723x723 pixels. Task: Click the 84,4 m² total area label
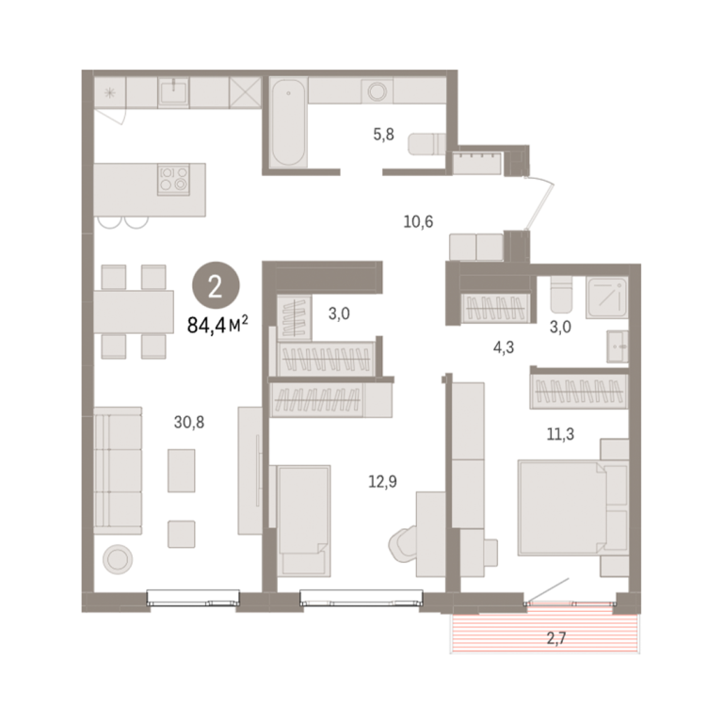217,325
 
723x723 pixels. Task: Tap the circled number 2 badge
216,286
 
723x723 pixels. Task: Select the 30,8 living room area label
189,422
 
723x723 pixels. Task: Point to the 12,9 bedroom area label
383,481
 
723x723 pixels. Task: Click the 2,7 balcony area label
556,638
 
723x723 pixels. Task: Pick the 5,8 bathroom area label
384,135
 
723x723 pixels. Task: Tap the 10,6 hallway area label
418,222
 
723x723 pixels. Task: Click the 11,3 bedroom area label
560,434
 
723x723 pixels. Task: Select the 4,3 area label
504,347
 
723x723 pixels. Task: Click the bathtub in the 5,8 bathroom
288,122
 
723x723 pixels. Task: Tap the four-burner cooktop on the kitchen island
173,179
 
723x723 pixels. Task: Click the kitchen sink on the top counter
173,91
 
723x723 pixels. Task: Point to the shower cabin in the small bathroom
607,297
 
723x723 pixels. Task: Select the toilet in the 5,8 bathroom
427,144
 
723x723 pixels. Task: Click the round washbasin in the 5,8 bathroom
377,91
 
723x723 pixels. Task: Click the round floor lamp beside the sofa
118,559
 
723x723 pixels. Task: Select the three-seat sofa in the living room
118,471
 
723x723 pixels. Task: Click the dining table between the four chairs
134,313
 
